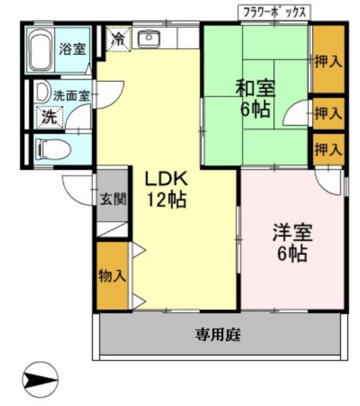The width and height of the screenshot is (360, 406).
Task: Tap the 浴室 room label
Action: (73, 50)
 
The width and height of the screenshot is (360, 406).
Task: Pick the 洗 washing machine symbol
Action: (49, 117)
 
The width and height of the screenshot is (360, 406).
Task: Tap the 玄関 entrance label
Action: (112, 199)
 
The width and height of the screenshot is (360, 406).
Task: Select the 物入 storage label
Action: (112, 277)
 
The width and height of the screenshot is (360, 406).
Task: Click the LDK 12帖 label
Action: (167, 189)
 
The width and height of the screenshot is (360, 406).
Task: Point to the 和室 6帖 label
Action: (255, 98)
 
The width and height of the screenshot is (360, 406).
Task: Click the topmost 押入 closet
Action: (328, 61)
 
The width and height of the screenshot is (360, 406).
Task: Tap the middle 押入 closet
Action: (328, 113)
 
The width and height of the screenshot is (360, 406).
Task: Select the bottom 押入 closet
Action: (328, 149)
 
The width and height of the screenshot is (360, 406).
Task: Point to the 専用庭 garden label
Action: (218, 335)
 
